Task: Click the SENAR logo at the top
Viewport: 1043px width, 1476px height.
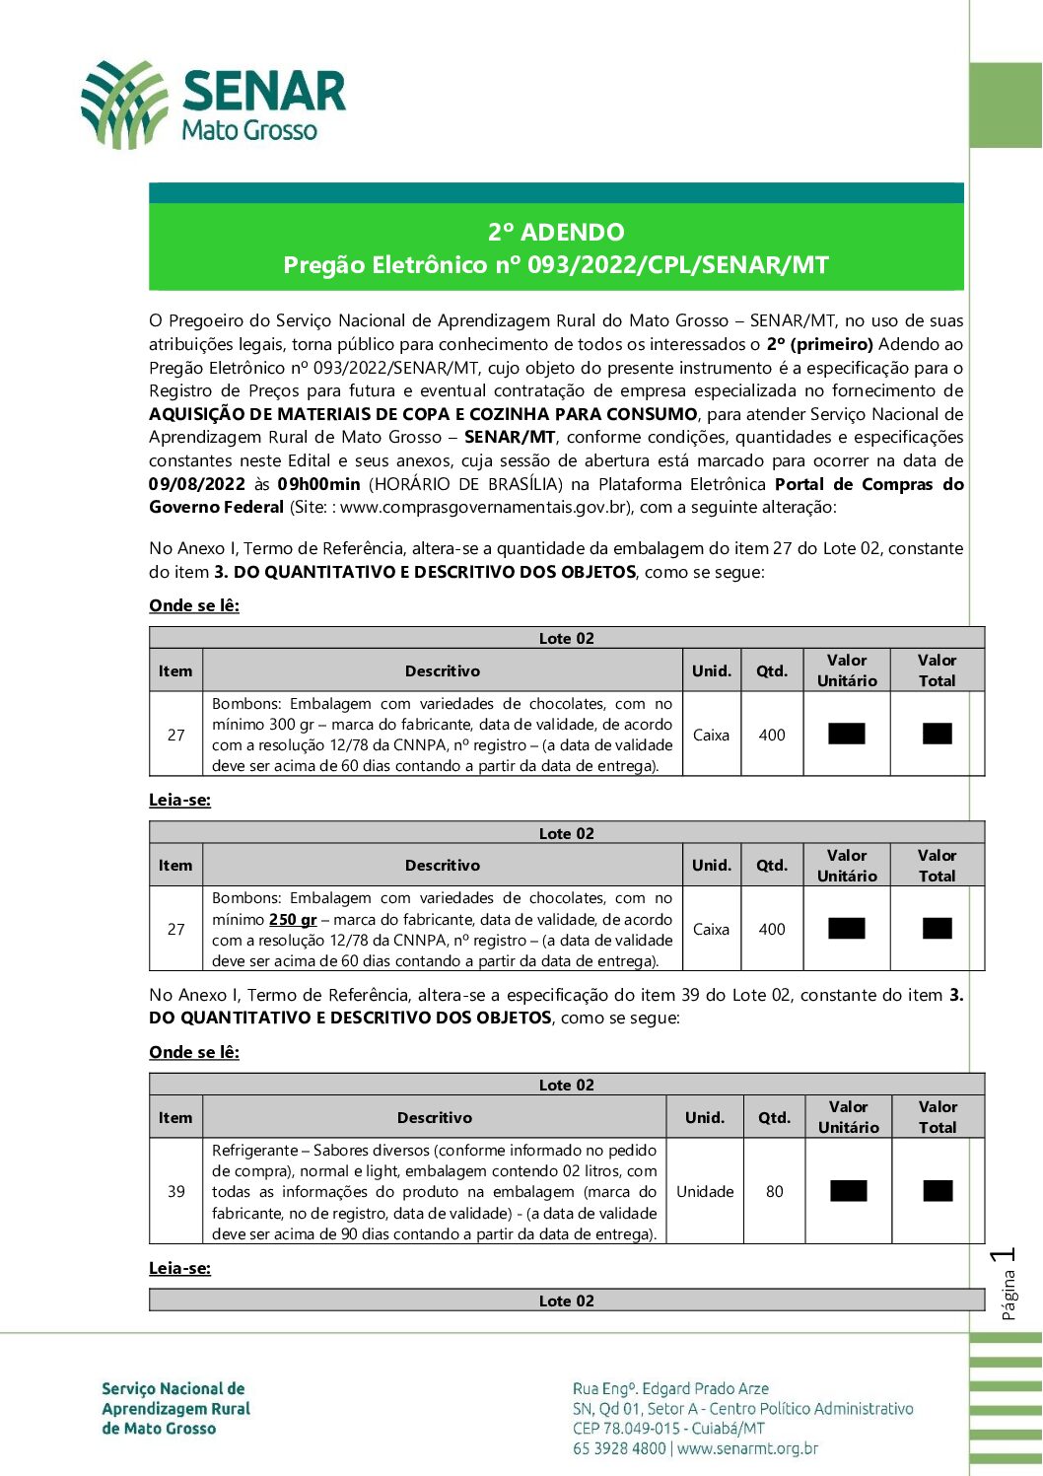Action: pos(212,104)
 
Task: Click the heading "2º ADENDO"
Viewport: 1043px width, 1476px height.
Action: pos(556,233)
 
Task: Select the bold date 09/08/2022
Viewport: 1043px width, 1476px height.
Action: pos(197,484)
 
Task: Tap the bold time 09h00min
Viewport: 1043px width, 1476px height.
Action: pos(318,484)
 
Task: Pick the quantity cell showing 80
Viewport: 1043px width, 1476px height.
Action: pos(775,1191)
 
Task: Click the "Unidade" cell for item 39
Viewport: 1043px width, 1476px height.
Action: pos(705,1191)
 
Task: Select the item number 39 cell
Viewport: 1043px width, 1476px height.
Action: pos(176,1191)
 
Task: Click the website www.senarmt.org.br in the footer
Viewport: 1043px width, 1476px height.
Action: pos(748,1448)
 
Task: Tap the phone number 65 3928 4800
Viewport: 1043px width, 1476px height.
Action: pos(619,1448)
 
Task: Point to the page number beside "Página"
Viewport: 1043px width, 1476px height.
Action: pos(1006,1256)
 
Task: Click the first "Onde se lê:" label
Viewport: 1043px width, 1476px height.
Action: pos(194,605)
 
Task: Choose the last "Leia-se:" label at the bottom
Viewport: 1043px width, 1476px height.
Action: pos(179,1268)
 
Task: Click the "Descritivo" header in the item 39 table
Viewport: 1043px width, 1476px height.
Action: pos(435,1117)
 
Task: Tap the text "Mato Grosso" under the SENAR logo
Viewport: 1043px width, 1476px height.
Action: pos(249,131)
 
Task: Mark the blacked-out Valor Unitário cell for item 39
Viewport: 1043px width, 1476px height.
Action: pos(848,1191)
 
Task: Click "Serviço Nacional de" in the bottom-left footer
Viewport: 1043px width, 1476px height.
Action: pos(174,1388)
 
